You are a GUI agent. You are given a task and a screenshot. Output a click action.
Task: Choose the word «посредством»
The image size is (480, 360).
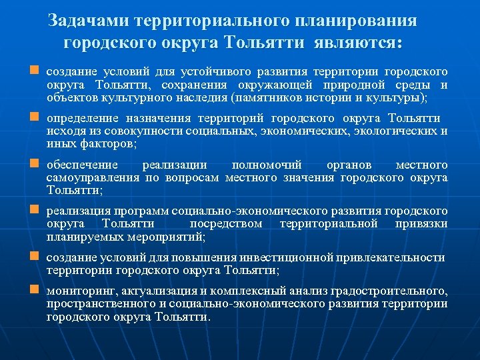[226, 224]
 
